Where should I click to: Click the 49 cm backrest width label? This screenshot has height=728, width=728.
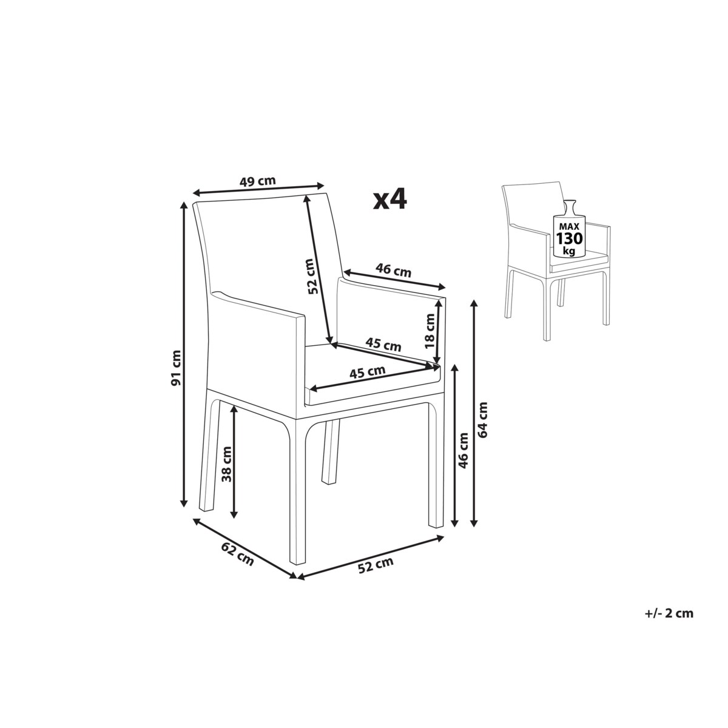(258, 181)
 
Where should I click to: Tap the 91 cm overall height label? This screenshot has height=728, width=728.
(176, 368)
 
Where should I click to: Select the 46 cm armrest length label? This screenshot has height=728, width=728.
(393, 271)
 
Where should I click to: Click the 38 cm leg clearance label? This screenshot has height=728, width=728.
(227, 464)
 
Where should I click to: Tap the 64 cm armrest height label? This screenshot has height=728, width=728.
(482, 420)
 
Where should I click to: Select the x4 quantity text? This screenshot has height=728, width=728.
(390, 200)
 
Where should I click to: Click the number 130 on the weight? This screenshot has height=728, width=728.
(569, 239)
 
